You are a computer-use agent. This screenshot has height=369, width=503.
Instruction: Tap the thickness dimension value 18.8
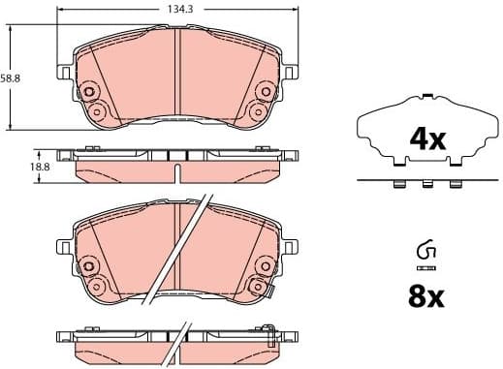42,166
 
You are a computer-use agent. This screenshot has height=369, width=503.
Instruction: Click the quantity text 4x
426,139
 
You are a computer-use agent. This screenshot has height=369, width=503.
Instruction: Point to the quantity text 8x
424,296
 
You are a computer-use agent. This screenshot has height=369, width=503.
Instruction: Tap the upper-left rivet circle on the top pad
89,92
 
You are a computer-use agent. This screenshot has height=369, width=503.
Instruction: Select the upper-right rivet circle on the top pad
263,92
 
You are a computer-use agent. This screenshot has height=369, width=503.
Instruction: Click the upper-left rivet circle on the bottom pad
89,262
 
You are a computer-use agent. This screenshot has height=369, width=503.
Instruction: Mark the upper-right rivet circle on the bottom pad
263,262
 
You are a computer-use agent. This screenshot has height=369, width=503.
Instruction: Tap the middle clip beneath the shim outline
425,184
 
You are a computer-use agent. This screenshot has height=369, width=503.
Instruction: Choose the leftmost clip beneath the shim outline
397,184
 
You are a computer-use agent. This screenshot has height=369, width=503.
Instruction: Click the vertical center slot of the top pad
175,73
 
